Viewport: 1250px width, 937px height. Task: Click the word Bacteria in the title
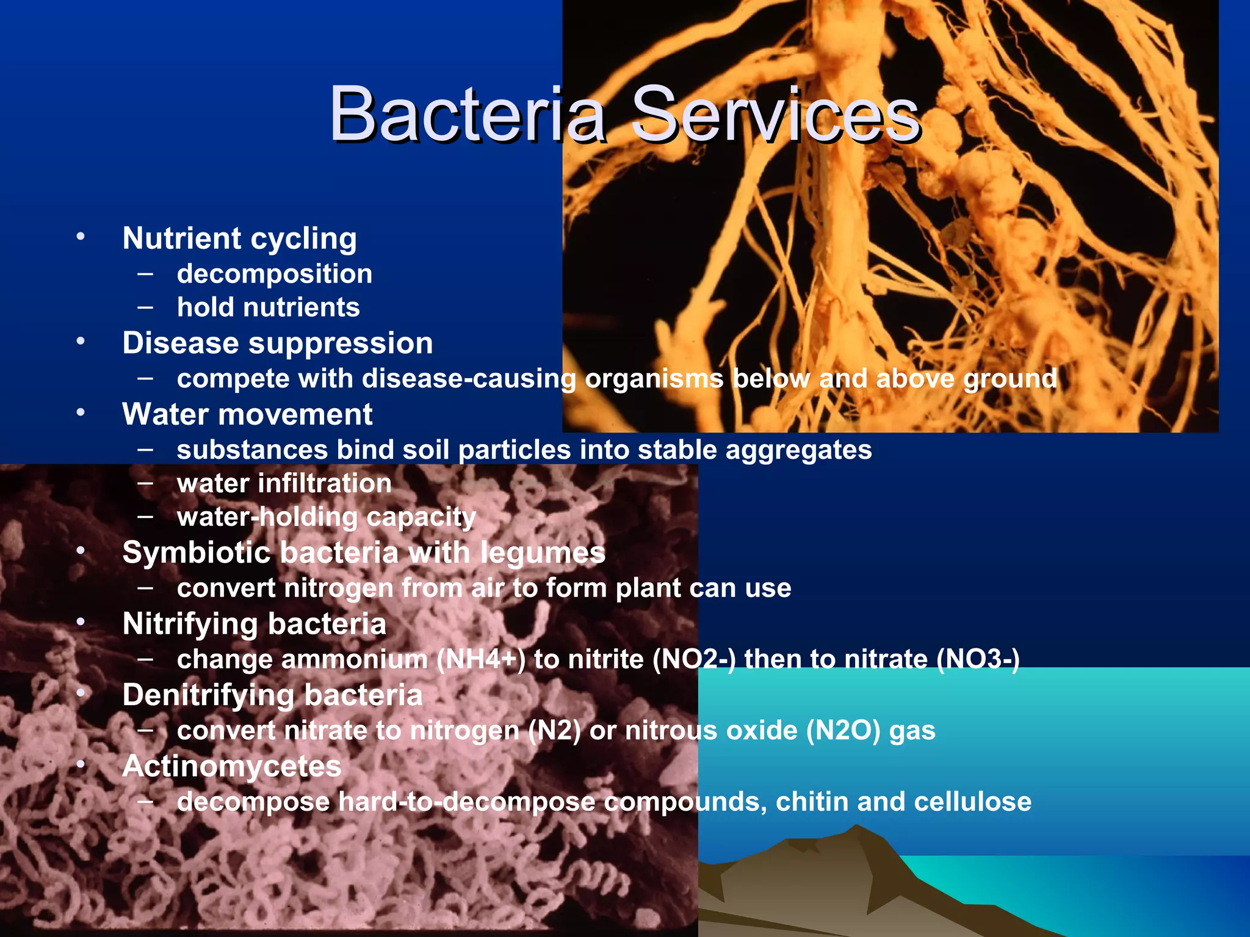coord(468,115)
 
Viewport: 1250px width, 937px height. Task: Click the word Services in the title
coord(775,115)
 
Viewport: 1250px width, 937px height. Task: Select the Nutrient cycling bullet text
coord(239,239)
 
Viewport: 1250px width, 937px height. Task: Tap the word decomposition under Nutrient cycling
coord(275,274)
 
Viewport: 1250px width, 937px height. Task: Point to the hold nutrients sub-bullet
coord(269,307)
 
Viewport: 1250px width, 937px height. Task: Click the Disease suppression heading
coord(278,343)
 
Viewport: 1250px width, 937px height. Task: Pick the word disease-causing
coord(469,379)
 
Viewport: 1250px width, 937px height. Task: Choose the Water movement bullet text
coord(247,415)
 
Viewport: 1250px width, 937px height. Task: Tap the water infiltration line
coord(284,484)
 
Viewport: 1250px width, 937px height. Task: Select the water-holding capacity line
coord(327,517)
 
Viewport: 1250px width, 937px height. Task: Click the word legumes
coord(543,553)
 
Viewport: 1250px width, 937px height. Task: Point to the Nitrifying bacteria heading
coord(255,624)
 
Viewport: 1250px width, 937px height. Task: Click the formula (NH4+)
coord(481,659)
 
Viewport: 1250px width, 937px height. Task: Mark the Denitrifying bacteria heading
coord(272,695)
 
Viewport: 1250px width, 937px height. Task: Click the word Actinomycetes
coord(232,767)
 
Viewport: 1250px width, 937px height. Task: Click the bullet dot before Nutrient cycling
coord(81,237)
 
